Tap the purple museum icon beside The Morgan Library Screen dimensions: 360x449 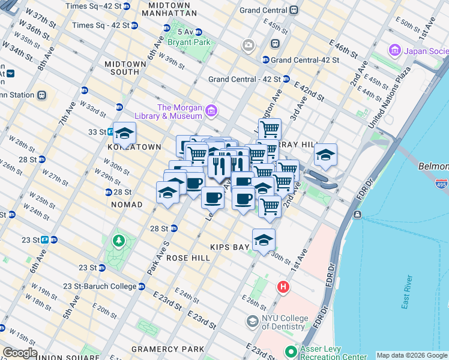pyautogui.click(x=211, y=111)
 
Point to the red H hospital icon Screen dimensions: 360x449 pyautogui.click(x=283, y=288)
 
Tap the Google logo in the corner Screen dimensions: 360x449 pyautogui.click(x=20, y=353)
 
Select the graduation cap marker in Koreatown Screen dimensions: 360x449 pyautogui.click(x=125, y=133)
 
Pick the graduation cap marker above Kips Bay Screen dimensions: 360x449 pyautogui.click(x=264, y=240)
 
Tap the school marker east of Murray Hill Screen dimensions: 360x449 pyautogui.click(x=325, y=154)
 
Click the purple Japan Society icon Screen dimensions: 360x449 pyautogui.click(x=394, y=50)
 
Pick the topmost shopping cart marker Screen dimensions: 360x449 pyautogui.click(x=270, y=128)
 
